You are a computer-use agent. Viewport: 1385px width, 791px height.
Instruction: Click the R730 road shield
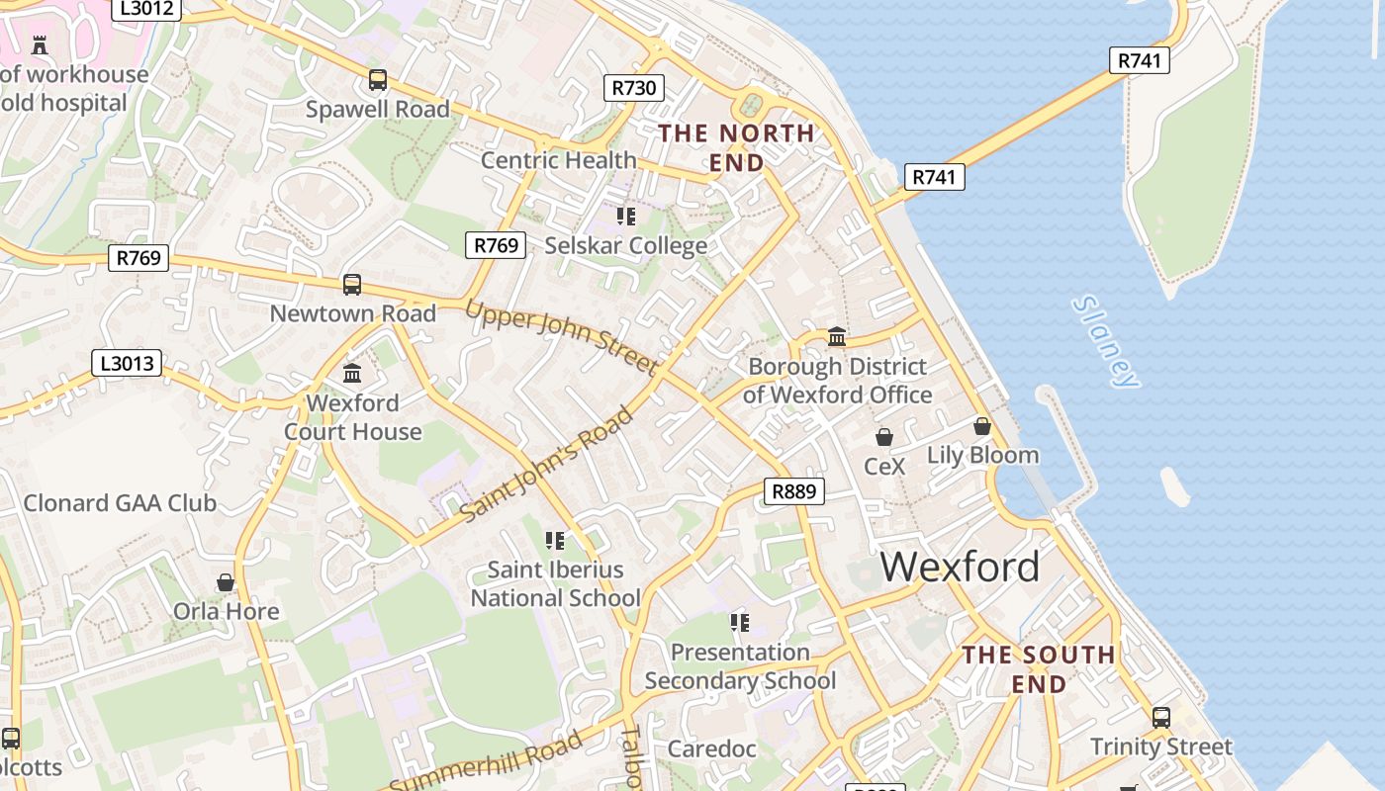[x=633, y=88]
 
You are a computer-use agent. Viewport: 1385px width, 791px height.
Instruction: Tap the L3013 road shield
[x=128, y=363]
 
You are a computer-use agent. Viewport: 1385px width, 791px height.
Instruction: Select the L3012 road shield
[x=145, y=9]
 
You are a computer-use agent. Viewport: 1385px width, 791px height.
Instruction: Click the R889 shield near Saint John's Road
[x=794, y=491]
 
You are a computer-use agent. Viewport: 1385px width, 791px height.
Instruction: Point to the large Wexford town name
[x=960, y=568]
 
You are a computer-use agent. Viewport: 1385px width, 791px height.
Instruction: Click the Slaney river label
[x=1106, y=341]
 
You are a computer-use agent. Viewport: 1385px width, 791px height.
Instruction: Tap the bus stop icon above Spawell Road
[x=377, y=80]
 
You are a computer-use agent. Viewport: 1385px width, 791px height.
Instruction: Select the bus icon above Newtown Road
[x=352, y=285]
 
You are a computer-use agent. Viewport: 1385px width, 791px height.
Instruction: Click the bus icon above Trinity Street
[x=1161, y=718]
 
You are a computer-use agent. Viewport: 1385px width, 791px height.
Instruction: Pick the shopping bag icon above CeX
[x=884, y=436]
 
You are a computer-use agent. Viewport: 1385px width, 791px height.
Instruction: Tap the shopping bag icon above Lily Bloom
[x=981, y=426]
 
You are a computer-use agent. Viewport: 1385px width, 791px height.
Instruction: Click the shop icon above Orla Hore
[x=226, y=582]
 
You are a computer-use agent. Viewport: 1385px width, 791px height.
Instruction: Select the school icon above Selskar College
[x=625, y=216]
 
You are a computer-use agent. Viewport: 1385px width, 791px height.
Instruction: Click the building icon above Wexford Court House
[x=352, y=374]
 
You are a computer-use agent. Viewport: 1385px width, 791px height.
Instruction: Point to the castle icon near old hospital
[x=40, y=44]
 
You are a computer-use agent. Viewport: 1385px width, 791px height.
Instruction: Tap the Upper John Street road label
[x=561, y=337]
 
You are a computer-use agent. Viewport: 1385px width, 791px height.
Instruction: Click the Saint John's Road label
[x=547, y=465]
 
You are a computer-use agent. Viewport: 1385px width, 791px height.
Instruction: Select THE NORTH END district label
[x=737, y=147]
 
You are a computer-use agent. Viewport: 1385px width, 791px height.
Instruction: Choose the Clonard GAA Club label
[x=120, y=503]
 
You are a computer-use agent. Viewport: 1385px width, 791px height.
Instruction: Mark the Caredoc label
[x=711, y=748]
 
